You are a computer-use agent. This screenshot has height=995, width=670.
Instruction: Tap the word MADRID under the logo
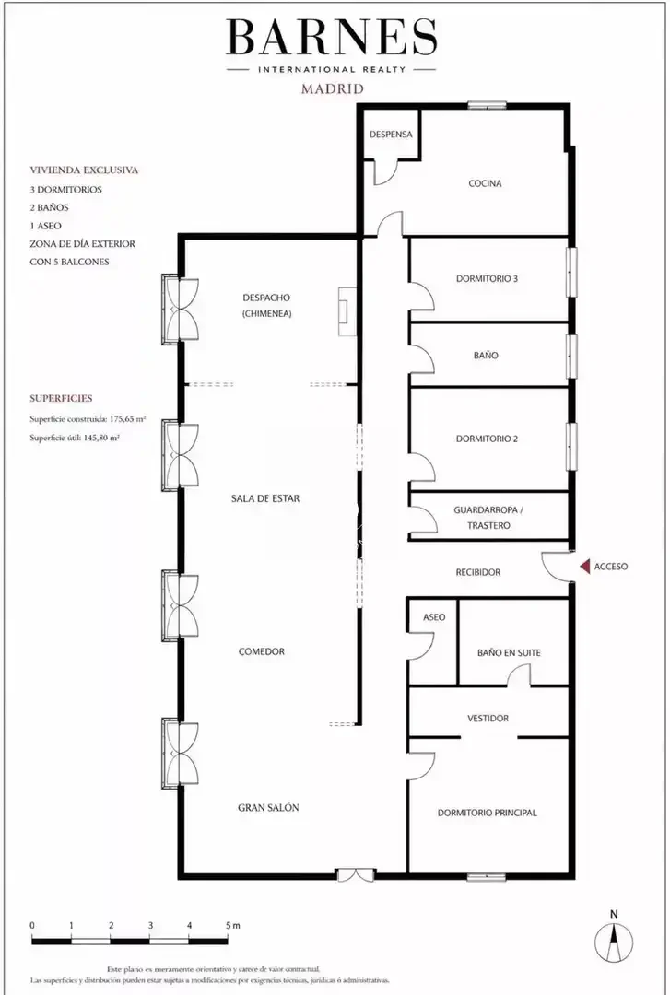point(332,88)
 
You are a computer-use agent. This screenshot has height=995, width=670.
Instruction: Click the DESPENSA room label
point(391,135)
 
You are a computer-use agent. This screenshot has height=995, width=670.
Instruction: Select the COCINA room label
point(485,183)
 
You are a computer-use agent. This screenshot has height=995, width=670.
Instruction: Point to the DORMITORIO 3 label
point(488,278)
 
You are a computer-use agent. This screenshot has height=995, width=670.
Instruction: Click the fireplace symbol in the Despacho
point(347,311)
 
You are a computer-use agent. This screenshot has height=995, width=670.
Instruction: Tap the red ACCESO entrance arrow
point(583,566)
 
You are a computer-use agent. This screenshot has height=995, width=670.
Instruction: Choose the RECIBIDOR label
point(478,572)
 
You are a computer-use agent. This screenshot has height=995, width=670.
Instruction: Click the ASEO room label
point(434,616)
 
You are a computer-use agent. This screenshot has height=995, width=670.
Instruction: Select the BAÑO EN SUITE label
point(509,652)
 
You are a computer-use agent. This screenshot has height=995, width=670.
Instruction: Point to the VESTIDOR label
point(488,719)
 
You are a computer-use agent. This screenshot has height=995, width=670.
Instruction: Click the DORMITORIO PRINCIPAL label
point(488,813)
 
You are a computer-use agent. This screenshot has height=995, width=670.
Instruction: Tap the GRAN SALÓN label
point(268,808)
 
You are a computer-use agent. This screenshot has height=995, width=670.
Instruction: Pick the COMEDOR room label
point(262,651)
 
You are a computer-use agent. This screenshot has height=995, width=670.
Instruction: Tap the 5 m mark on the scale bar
point(232,926)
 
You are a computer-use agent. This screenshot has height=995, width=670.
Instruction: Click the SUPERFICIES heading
point(61,399)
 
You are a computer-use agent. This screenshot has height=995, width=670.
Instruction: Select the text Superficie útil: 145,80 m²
point(75,438)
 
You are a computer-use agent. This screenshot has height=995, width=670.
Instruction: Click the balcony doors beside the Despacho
point(181,310)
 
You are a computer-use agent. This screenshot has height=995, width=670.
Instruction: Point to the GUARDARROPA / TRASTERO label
point(488,518)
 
